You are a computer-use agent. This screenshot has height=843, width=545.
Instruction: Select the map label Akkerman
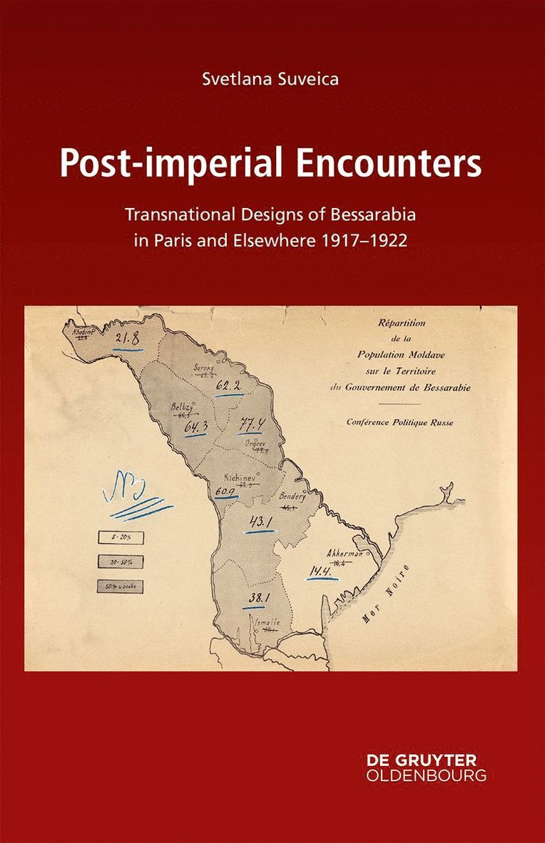(x=345, y=554)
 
